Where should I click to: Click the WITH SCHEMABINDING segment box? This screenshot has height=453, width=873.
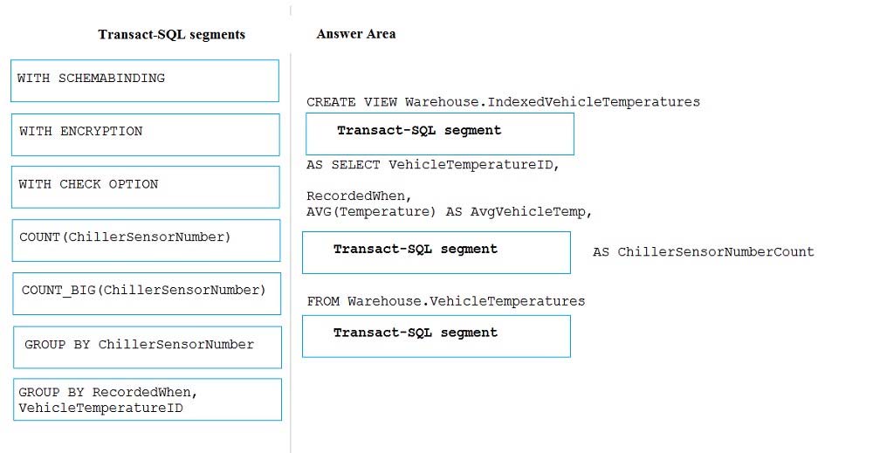tap(145, 80)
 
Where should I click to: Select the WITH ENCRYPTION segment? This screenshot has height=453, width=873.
tap(145, 134)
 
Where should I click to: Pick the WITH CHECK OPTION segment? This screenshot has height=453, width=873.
tap(145, 187)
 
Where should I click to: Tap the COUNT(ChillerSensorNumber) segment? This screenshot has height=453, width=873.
tap(146, 240)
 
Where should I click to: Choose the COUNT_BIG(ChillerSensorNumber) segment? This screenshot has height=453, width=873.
tap(147, 293)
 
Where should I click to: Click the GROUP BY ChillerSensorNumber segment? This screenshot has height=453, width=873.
tap(148, 347)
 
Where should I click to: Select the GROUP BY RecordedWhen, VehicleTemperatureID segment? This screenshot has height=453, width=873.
tap(148, 400)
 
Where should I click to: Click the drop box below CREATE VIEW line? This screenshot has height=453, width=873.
tap(440, 134)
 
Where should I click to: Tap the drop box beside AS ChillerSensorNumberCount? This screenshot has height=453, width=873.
tap(436, 252)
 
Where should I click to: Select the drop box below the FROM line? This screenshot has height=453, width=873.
tap(436, 336)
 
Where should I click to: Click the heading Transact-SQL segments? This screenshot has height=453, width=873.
tap(171, 35)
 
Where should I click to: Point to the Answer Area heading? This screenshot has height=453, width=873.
tap(356, 34)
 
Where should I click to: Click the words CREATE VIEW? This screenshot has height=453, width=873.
tap(351, 102)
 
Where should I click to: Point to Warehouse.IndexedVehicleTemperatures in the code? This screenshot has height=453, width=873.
tap(553, 102)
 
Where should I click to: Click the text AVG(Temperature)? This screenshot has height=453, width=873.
tap(371, 212)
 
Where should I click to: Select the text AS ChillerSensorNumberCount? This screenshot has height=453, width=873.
tap(703, 252)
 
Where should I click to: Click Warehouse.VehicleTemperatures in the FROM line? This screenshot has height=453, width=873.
tap(466, 302)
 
